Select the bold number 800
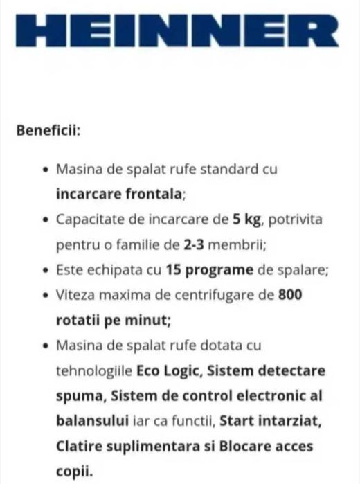(289, 295)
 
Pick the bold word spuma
(76, 395)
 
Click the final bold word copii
(72, 470)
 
